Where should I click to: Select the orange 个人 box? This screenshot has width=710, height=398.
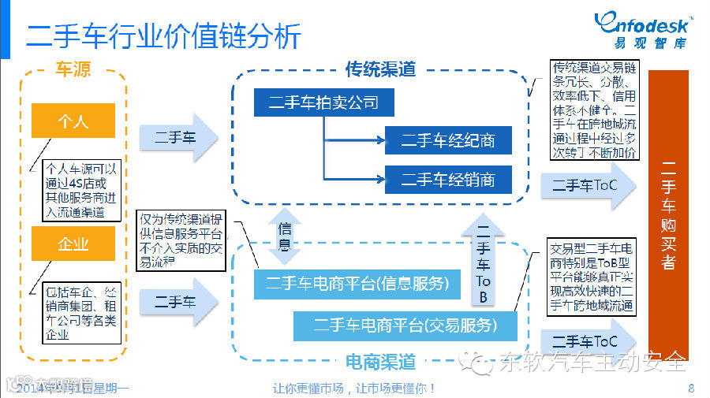[73, 121]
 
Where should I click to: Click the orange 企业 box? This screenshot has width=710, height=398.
[73, 244]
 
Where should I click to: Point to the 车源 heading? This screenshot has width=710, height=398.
[73, 70]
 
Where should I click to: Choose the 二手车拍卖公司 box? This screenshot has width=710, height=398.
[323, 102]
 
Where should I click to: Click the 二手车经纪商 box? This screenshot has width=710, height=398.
[448, 140]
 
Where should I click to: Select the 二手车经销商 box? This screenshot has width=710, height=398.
[448, 179]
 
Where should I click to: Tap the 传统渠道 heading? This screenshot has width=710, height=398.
[380, 69]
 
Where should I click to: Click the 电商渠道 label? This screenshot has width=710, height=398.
[380, 362]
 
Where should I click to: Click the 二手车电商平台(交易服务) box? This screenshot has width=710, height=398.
[405, 325]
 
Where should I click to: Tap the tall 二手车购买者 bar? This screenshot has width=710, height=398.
[667, 213]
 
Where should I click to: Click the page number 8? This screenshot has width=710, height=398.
[691, 388]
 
